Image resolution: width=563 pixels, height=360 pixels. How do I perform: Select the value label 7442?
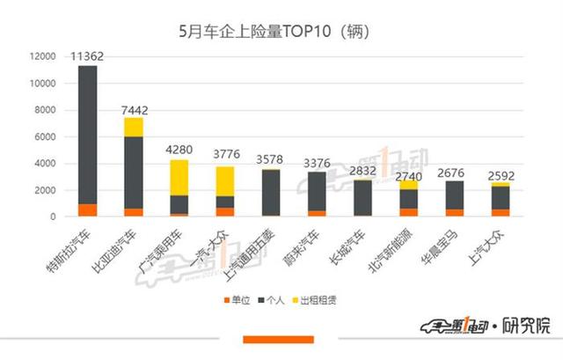point(134,109)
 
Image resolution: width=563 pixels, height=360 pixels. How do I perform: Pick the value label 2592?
point(502,175)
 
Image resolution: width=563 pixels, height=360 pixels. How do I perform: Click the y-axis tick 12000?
point(42,57)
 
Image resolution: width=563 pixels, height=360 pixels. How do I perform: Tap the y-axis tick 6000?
point(45,136)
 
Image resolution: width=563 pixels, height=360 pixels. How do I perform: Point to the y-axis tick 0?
point(54,217)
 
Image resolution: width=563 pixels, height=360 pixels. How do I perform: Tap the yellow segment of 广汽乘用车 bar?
point(179,177)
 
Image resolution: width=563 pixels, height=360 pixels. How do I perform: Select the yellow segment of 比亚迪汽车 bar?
point(134,127)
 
